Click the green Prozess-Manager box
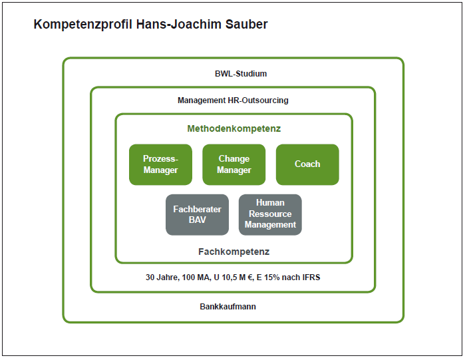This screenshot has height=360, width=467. [x=160, y=164]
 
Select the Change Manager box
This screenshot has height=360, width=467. [x=234, y=164]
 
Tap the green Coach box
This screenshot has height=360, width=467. [x=307, y=164]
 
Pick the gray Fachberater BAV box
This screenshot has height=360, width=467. [x=197, y=215]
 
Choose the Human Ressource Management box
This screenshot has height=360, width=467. [x=270, y=215]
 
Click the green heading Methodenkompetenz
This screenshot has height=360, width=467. [x=234, y=128]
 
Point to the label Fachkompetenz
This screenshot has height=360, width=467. [x=234, y=252]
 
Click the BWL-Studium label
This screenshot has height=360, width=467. [x=241, y=74]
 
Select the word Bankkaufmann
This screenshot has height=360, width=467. [x=228, y=307]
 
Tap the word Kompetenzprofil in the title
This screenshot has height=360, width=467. [x=82, y=25]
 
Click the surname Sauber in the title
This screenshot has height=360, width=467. [x=247, y=25]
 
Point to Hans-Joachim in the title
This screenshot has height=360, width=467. [x=179, y=25]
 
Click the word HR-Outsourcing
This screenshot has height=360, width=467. [x=258, y=100]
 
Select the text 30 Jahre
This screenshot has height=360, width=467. [x=162, y=277]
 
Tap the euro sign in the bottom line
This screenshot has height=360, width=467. [x=251, y=277]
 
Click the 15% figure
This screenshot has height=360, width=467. [x=272, y=277]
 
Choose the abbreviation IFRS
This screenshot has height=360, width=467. [x=311, y=277]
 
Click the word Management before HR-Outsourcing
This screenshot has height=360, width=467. [x=202, y=100]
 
